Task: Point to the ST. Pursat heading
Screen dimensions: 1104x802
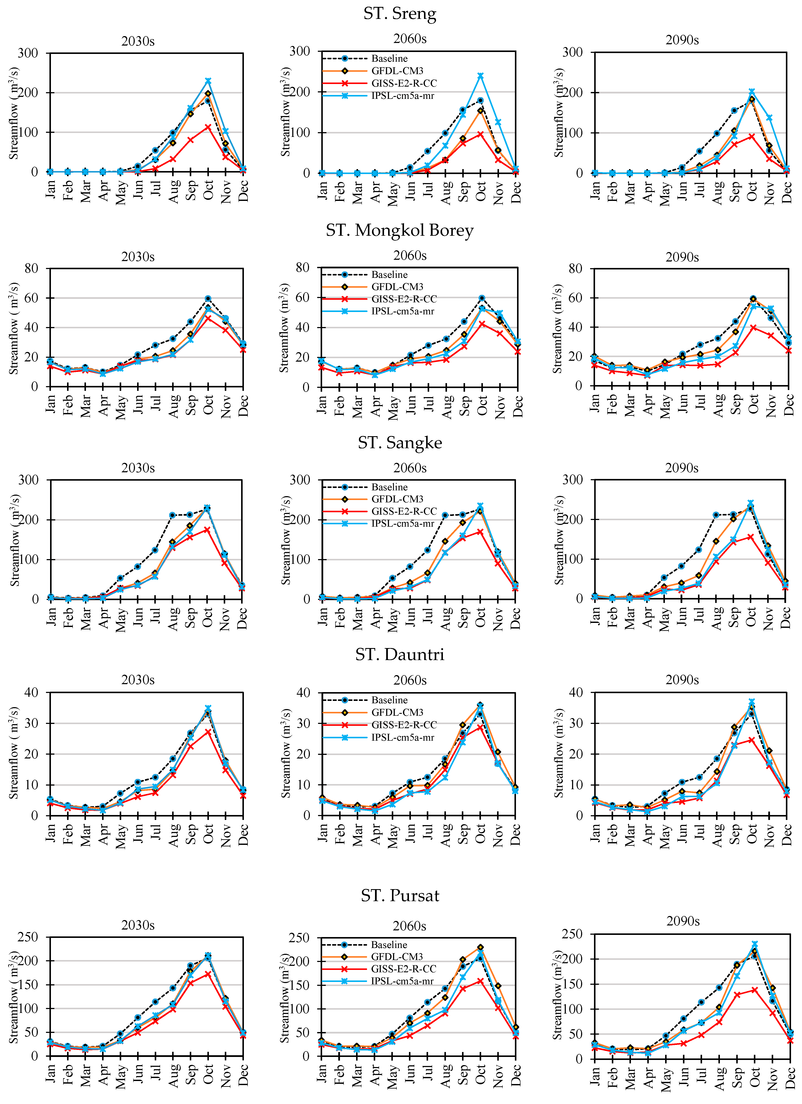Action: click(x=400, y=896)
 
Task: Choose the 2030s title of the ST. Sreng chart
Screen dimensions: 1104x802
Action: click(x=138, y=41)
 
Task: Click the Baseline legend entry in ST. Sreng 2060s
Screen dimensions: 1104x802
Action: click(x=389, y=58)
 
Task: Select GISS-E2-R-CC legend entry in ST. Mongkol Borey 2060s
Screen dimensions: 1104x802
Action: click(x=404, y=299)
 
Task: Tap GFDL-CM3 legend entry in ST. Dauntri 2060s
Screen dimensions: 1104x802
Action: click(x=397, y=712)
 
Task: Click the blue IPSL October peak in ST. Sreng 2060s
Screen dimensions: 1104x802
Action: click(x=481, y=76)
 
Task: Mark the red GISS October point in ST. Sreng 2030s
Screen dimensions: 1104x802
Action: click(x=208, y=127)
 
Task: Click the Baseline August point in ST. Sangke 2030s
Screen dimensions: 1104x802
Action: click(x=172, y=515)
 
